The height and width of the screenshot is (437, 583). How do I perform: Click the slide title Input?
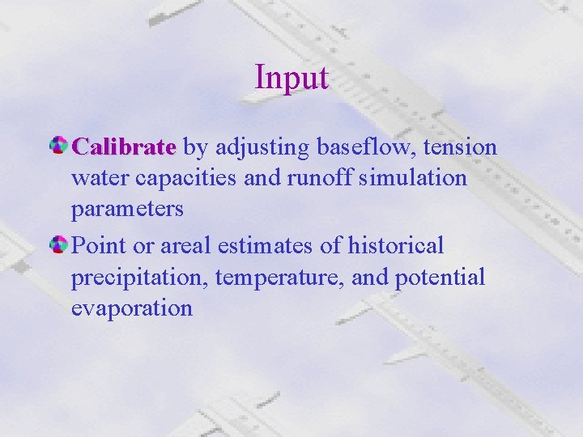291,78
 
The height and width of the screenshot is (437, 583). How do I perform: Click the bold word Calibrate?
123,147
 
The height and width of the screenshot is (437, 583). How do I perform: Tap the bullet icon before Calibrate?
59,146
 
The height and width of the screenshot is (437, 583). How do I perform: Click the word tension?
460,147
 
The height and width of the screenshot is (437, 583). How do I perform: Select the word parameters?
127,210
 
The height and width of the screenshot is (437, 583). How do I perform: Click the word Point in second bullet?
96,245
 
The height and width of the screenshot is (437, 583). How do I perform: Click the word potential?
440,277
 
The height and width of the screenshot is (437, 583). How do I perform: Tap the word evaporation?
132,308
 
